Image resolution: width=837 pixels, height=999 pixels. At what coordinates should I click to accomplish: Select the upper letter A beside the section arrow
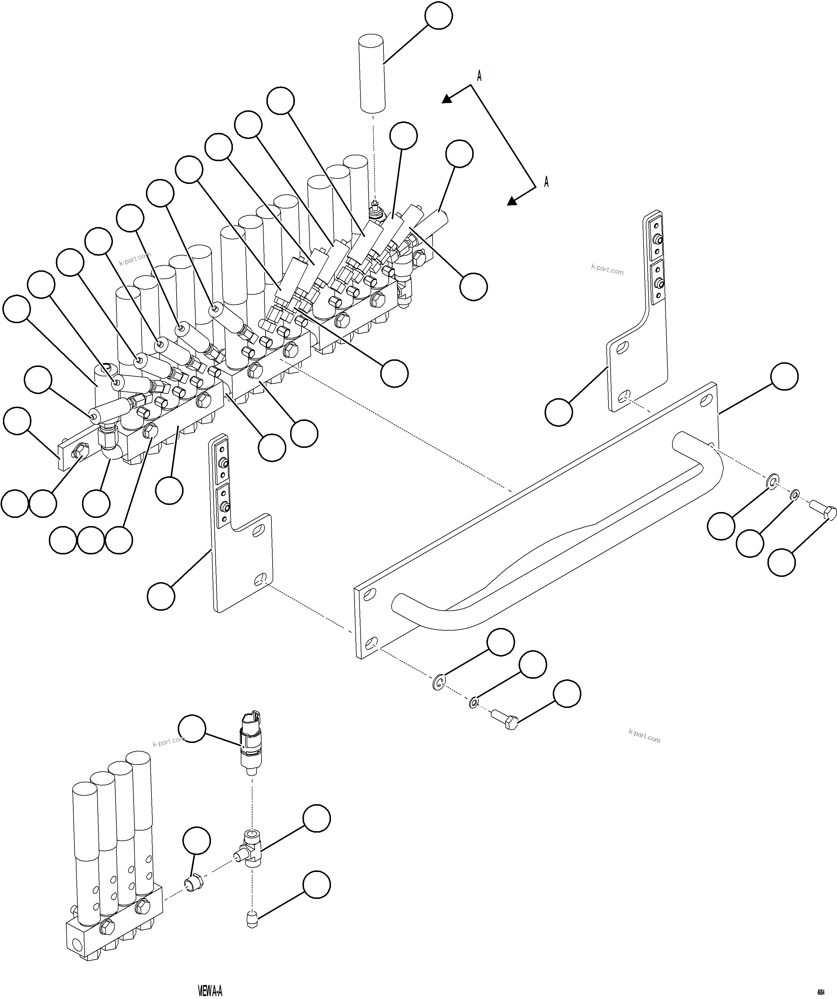(479, 76)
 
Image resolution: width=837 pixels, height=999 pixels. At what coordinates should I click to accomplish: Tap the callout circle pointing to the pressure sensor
(192, 728)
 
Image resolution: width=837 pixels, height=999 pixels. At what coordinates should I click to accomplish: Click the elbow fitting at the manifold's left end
(109, 440)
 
